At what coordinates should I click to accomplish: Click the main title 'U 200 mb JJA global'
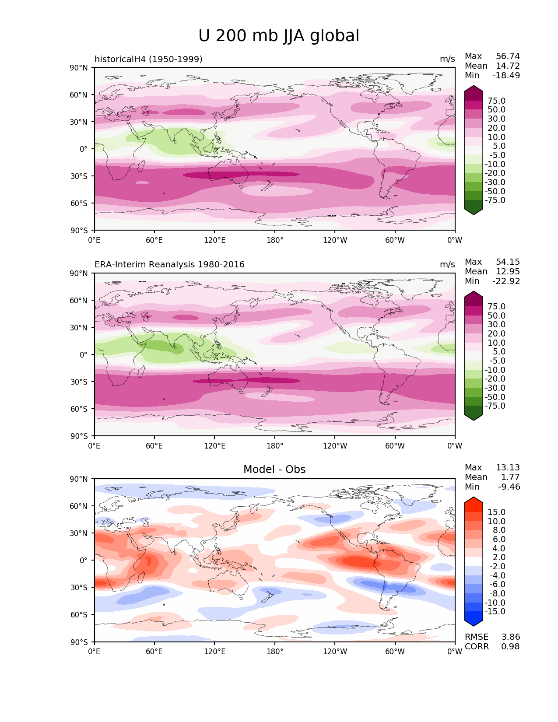coord(279,36)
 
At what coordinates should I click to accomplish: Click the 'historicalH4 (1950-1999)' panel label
coord(148,59)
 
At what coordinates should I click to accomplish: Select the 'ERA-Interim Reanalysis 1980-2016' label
coord(169,265)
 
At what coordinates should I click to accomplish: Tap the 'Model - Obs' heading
coord(274,470)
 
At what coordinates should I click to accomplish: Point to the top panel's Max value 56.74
coord(508,56)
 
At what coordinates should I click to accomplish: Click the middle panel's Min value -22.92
coord(506,281)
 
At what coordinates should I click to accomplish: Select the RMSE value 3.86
coord(510,637)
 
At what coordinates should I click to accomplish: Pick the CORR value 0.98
coord(510,647)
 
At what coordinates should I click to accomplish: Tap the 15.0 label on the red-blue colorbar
coord(496,512)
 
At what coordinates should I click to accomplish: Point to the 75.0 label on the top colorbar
coord(496,101)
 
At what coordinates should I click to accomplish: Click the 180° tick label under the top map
coord(275,240)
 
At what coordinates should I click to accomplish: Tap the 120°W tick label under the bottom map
coord(335,652)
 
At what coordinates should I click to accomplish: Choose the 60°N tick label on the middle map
coord(79,301)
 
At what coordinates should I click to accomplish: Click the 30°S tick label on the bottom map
coord(79,588)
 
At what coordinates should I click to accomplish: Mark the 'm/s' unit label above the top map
coord(447,59)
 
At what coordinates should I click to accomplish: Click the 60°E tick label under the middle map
coord(154,446)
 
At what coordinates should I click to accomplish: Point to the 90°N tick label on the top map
coord(79,68)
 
